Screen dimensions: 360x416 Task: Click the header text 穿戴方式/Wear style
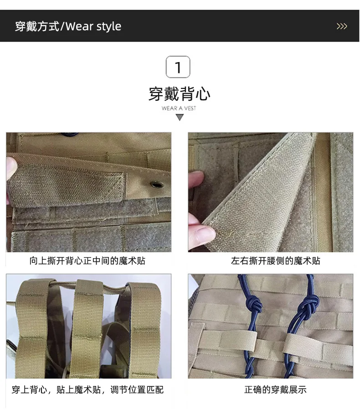tap(68, 26)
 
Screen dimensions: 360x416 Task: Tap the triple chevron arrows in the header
tap(342, 26)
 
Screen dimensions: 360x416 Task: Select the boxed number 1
tap(178, 67)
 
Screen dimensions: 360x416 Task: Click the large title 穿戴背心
tap(180, 94)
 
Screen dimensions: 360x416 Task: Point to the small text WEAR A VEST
tap(179, 108)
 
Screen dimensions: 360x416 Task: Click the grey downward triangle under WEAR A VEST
tap(180, 117)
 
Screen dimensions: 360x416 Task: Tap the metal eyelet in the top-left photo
tap(157, 184)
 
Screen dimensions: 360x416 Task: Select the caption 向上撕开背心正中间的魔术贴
tap(87, 261)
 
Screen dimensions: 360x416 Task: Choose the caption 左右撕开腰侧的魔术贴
tap(275, 261)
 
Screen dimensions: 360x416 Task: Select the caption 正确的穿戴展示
tap(275, 390)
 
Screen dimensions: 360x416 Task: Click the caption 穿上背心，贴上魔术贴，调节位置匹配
tap(87, 390)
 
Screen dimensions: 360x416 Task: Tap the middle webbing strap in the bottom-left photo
tap(87, 329)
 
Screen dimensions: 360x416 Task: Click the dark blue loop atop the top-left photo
tap(69, 134)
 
